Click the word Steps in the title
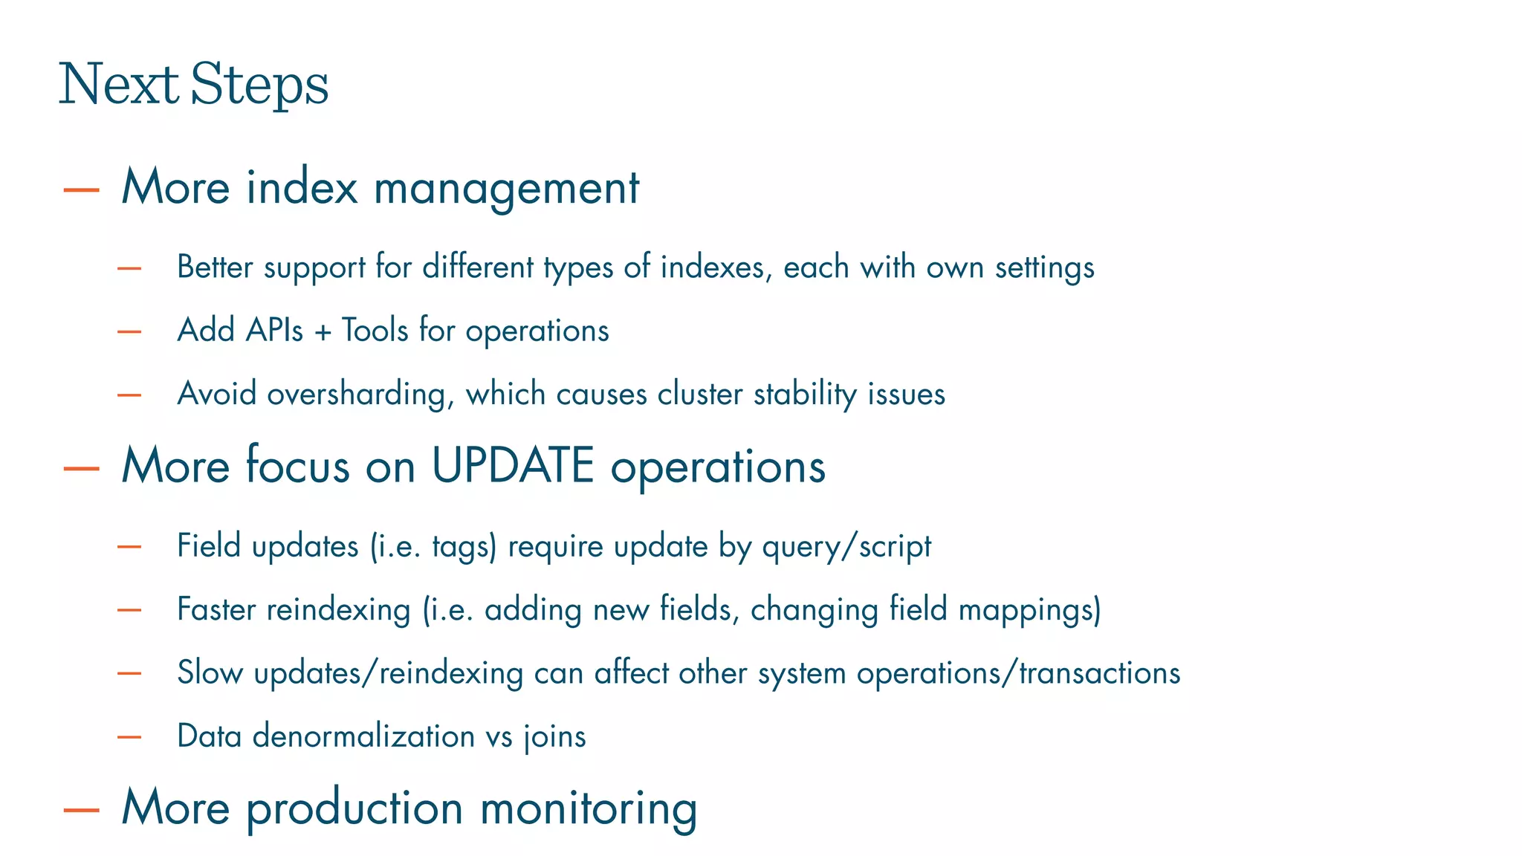pos(259,85)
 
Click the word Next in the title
pos(119,83)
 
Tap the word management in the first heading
pos(506,187)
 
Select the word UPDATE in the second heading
pos(513,466)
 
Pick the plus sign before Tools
pos(322,331)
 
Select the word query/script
pos(846,547)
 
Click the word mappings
pos(1029,610)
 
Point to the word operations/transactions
pos(1018,673)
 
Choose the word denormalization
pos(363,736)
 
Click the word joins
pos(555,736)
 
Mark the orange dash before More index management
pos(82,189)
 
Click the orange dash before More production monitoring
pos(82,810)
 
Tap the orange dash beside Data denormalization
pos(129,737)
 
